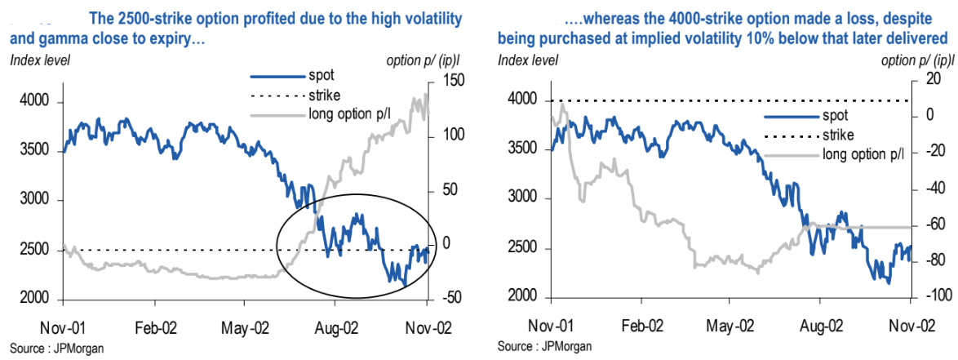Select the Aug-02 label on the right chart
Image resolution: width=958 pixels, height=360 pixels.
pos(823,324)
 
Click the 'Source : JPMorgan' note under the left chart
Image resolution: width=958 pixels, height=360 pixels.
pos(56,349)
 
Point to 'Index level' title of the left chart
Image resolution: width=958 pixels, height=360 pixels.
pos(40,59)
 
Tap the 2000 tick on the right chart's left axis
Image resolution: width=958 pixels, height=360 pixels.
pos(520,297)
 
